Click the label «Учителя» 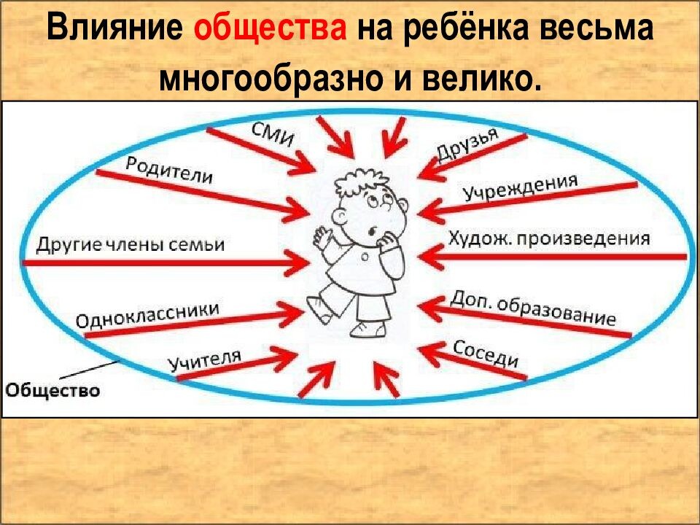point(204,359)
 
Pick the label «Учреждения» point(520,189)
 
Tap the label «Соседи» point(486,354)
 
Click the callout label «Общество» point(52,390)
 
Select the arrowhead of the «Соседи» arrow point(427,352)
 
